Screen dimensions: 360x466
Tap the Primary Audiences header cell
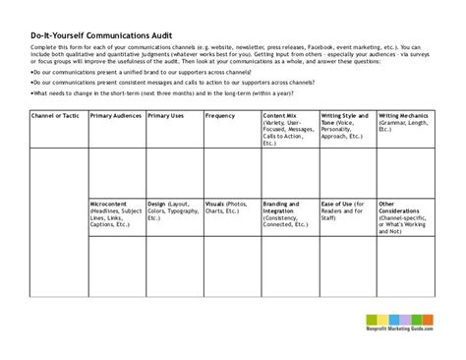(115, 116)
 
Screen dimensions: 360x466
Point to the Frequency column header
(220, 116)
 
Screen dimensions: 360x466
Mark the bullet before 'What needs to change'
(32, 93)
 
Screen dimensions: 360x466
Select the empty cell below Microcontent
(115, 265)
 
